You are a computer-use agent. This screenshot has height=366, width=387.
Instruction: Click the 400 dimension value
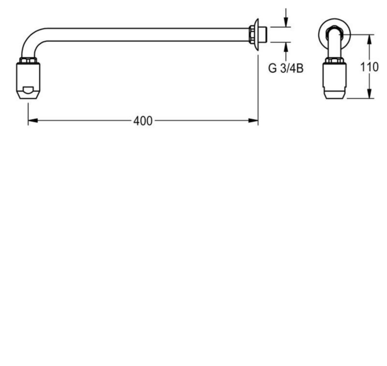[143, 121]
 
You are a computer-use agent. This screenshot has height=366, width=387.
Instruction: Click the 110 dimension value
[370, 67]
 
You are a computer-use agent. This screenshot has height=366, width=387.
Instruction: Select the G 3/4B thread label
[286, 68]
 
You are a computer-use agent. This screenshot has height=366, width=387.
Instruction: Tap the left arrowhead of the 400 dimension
[33, 120]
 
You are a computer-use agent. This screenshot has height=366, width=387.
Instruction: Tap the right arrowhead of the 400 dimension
[253, 120]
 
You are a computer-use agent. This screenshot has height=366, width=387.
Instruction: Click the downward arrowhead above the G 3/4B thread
[286, 22]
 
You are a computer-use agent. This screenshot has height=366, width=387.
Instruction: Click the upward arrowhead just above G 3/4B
[286, 47]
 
